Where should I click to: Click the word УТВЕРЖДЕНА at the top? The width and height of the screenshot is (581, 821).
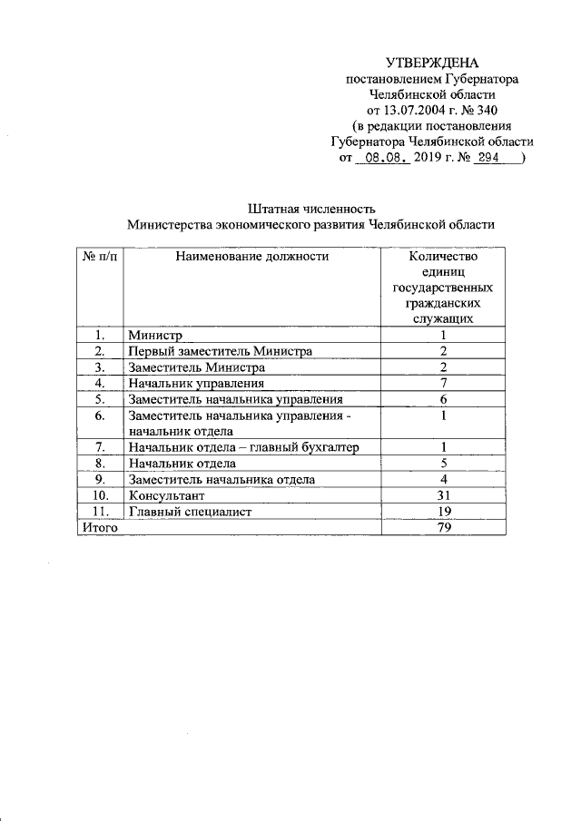point(432,63)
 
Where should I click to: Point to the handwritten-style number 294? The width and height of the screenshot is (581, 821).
point(489,158)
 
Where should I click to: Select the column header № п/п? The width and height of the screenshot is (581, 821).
point(100,257)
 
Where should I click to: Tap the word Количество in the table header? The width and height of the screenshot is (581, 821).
point(444,257)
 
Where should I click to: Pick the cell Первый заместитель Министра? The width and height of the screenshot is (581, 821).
point(220,351)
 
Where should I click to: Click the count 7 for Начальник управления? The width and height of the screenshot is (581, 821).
point(444,383)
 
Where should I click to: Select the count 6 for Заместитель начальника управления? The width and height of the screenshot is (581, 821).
point(444,399)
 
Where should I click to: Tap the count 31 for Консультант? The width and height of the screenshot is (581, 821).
point(444,496)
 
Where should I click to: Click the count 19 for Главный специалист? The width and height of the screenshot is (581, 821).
point(444,512)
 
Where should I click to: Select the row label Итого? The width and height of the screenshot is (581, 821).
point(99,528)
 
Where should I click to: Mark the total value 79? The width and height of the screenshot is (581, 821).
point(444,528)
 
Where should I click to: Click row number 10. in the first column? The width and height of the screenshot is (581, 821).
point(100,496)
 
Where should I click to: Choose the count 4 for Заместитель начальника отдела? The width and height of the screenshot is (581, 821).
point(444,480)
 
